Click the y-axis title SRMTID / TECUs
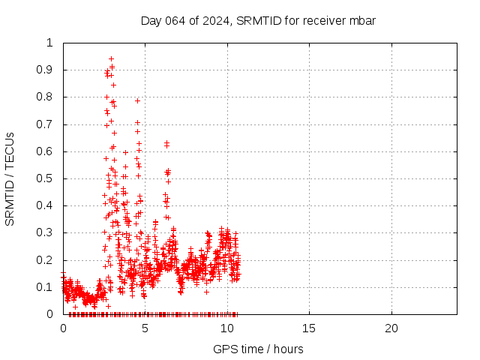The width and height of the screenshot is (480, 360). click(10, 178)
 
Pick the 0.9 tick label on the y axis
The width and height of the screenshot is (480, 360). click(46, 70)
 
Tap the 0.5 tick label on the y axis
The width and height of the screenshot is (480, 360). click(46, 178)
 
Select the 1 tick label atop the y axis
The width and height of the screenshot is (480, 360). click(50, 43)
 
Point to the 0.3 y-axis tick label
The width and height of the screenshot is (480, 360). click(46, 232)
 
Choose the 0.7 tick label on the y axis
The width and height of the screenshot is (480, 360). click(46, 124)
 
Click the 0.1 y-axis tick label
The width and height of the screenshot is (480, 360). click(46, 287)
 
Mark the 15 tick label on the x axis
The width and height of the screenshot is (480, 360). click(309, 328)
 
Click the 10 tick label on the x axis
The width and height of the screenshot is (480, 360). click(227, 328)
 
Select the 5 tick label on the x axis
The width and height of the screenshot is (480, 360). click(145, 328)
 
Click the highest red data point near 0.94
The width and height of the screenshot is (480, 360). click(111, 58)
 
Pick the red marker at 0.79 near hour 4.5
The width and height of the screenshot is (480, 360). click(137, 100)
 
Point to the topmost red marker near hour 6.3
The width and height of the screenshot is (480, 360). click(166, 142)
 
